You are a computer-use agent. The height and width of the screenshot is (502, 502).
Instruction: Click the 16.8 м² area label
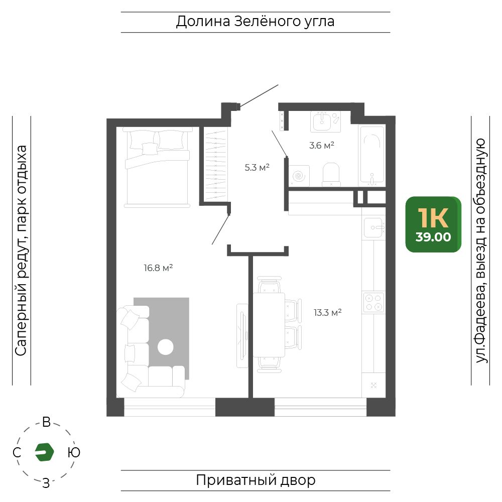pos(158,268)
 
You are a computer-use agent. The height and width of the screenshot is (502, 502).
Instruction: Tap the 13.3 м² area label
pos(327,312)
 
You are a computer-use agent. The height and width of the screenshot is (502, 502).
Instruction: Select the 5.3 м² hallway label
pos(257,168)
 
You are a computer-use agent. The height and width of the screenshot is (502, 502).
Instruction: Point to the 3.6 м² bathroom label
pos(321,146)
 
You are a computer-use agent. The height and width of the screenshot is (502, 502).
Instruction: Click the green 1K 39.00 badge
pos(433,224)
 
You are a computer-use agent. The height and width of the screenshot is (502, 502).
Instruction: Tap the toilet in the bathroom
pos(331,175)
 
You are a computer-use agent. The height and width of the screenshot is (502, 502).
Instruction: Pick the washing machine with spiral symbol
pos(299,175)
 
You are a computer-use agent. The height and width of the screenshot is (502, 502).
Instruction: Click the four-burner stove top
pos(373,302)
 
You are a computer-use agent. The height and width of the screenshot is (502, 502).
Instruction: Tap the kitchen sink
pos(373,227)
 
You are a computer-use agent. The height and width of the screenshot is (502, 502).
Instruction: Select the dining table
pos(269,325)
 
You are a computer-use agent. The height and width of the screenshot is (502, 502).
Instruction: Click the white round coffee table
pos(166,347)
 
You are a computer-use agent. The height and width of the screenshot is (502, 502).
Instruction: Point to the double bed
pos(157,167)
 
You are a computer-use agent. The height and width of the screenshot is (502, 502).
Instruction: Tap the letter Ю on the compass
pos(74,452)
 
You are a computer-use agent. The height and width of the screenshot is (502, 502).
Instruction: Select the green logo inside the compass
pos(44,452)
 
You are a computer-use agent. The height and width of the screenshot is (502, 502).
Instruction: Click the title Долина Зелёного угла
pos(255,22)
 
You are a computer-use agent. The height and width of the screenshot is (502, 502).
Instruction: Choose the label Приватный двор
pos(256,480)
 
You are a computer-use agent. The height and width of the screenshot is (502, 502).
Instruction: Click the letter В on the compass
pos(46,422)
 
